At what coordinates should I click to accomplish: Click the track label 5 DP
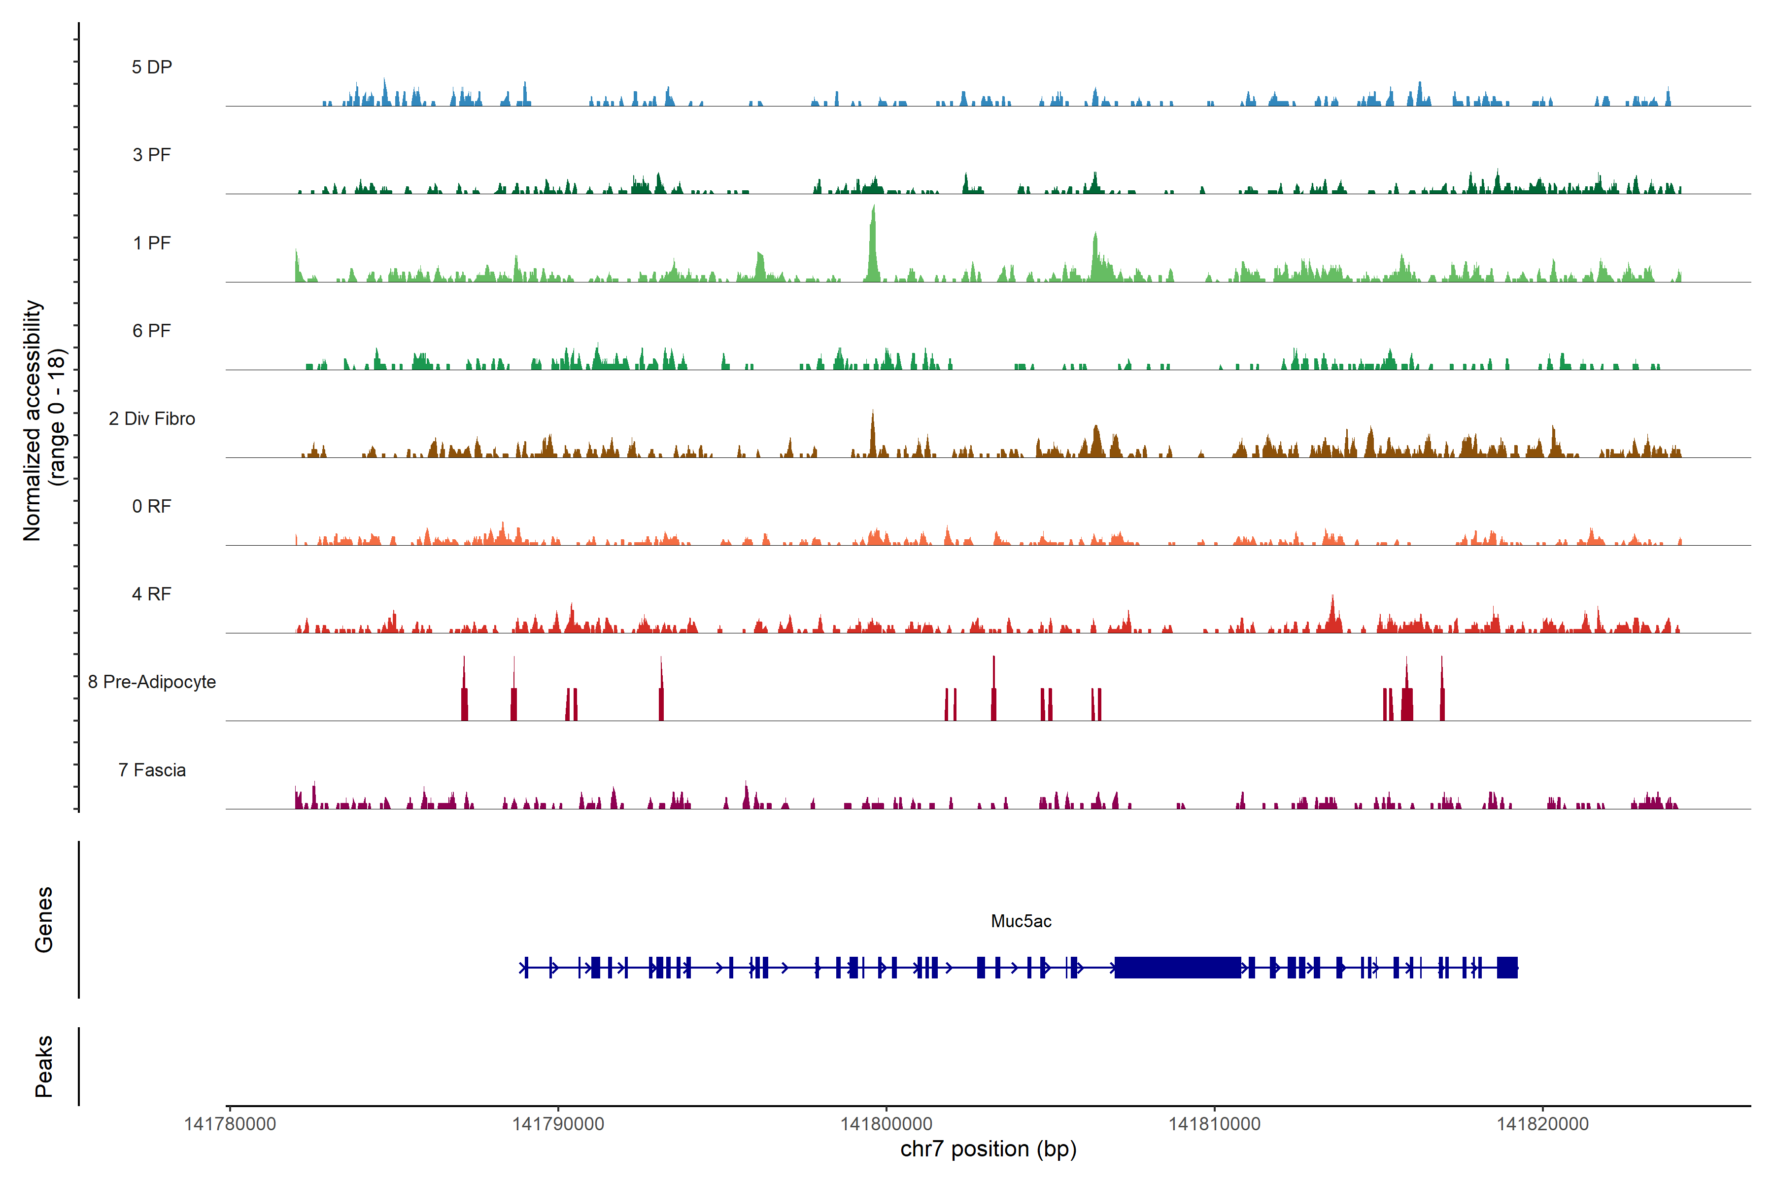click(152, 67)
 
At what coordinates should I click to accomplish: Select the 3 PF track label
click(152, 155)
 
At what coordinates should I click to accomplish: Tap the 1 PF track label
click(152, 243)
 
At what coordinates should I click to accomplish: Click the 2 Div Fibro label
click(152, 418)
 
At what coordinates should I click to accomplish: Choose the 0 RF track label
click(152, 506)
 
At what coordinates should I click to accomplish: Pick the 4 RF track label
click(152, 594)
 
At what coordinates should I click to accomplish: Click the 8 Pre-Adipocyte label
click(152, 682)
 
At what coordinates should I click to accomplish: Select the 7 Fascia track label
click(152, 769)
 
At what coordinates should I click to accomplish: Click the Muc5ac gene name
click(1021, 921)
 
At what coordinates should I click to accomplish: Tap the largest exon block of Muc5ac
click(1177, 967)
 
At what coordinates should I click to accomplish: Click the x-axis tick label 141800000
click(886, 1124)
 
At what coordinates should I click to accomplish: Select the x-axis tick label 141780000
click(230, 1124)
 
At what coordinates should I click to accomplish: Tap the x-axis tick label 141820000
click(1542, 1124)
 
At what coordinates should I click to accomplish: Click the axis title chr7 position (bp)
click(988, 1149)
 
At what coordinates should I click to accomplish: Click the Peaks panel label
click(44, 1066)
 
